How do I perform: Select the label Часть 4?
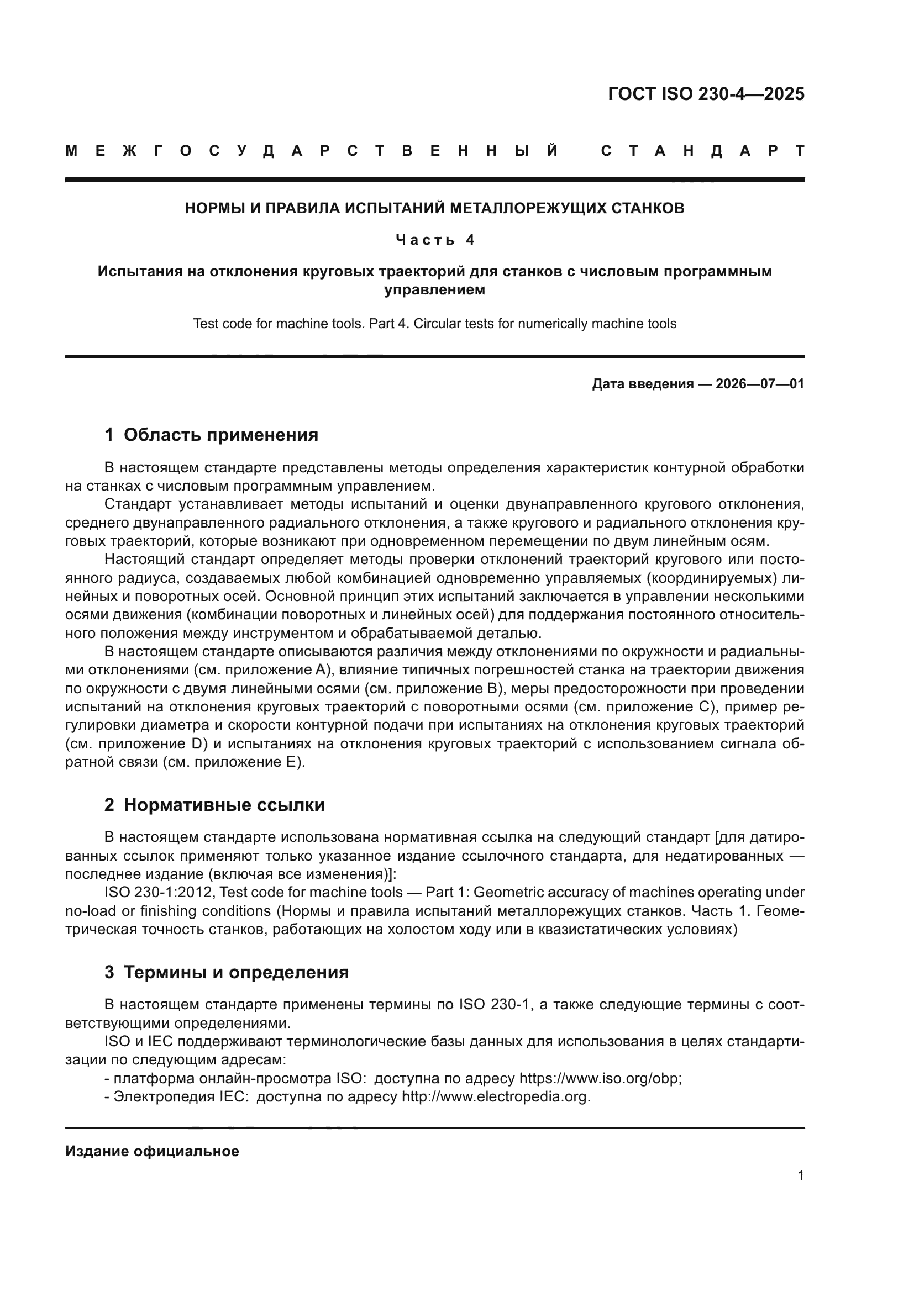click(x=435, y=240)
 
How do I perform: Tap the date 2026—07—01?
click(x=760, y=384)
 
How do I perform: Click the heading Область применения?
click(x=220, y=435)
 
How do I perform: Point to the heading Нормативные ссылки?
click(x=224, y=805)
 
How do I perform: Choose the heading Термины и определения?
click(x=236, y=972)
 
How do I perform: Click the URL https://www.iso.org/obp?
click(x=600, y=1079)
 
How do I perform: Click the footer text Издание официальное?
click(x=152, y=1151)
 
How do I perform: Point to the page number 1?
click(x=800, y=1175)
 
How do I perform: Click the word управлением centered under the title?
click(x=434, y=291)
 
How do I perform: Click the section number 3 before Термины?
click(x=109, y=972)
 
